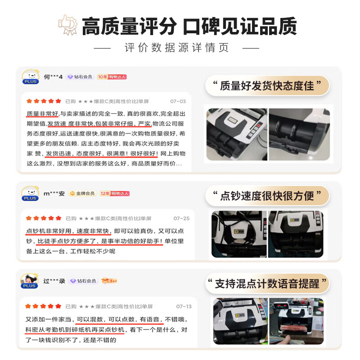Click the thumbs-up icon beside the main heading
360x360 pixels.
click(68, 26)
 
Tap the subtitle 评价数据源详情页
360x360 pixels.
click(177, 48)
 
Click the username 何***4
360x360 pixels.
click(54, 77)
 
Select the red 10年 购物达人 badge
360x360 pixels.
click(112, 77)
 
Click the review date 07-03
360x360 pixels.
click(178, 101)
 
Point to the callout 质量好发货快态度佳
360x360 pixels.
click(267, 85)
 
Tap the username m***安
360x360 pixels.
click(54, 193)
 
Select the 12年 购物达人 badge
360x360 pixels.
click(114, 193)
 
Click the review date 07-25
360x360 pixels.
click(181, 218)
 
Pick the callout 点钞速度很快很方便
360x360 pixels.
click(267, 196)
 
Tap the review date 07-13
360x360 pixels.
click(184, 306)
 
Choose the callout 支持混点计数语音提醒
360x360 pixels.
click(267, 283)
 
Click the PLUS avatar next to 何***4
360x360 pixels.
click(30, 76)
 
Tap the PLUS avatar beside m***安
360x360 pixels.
click(30, 193)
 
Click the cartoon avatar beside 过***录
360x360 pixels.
click(30, 281)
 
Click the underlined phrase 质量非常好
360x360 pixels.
click(42, 113)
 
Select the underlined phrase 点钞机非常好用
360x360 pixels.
click(49, 231)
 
